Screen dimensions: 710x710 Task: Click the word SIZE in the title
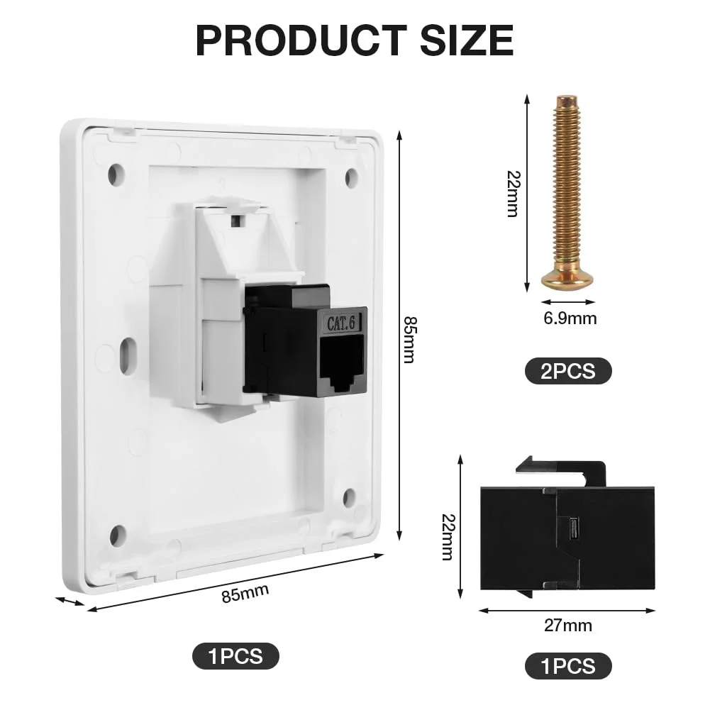(x=467, y=40)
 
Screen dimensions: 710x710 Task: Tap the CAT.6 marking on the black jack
(x=341, y=323)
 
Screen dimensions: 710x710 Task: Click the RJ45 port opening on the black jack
(x=342, y=363)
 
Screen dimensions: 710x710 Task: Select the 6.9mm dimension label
(x=570, y=318)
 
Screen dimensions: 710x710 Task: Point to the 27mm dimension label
(x=568, y=626)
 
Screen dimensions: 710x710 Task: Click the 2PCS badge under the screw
(x=568, y=371)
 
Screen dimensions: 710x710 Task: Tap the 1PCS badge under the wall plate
(x=235, y=655)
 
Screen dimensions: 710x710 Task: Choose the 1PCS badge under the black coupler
(x=568, y=666)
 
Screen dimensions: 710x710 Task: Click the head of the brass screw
(x=567, y=279)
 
